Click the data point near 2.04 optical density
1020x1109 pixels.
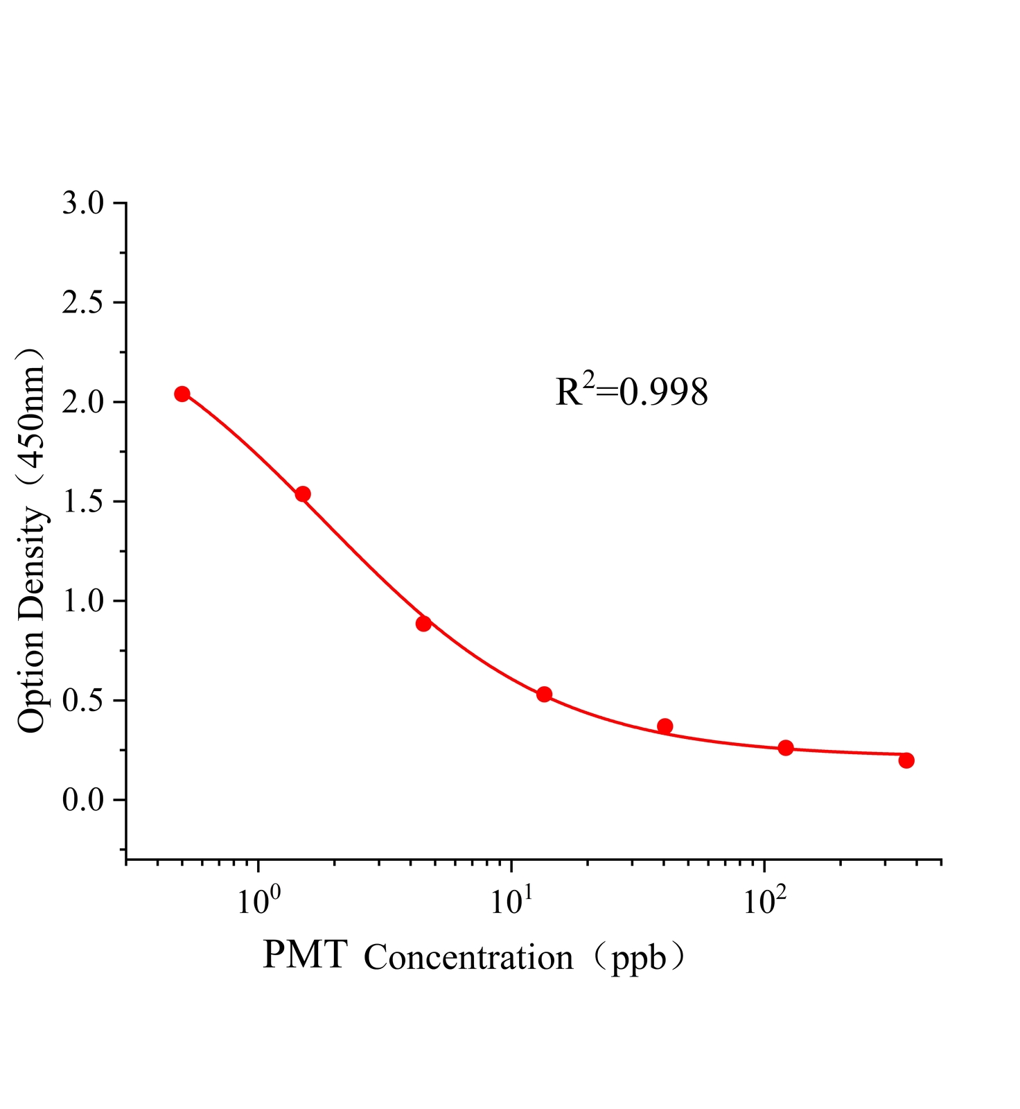coord(182,394)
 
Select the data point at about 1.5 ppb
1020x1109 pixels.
coord(303,494)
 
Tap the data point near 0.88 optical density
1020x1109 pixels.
coord(423,623)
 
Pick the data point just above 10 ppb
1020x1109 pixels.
coord(544,695)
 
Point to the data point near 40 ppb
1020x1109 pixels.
coord(665,726)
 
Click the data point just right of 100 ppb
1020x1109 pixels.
coord(785,748)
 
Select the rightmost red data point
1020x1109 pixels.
coord(906,760)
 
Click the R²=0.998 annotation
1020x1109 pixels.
coord(631,392)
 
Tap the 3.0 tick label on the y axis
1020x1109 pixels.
coord(82,204)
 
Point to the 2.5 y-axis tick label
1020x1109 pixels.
coord(82,304)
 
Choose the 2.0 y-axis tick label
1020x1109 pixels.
coord(82,403)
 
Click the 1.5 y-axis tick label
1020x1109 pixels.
coord(82,503)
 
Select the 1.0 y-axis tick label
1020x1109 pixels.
coord(82,602)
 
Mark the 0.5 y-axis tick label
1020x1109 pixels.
coord(82,701)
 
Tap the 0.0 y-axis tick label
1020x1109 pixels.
coord(82,801)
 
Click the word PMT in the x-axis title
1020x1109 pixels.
coord(305,956)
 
